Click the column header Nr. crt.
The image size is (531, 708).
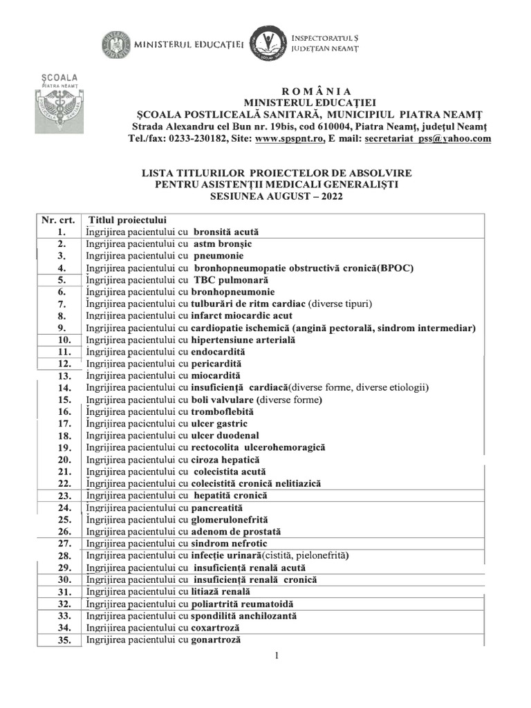[x=57, y=220]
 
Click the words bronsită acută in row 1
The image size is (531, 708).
[x=226, y=232]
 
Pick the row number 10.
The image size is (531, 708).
[x=63, y=340]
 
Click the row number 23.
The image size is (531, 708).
[x=63, y=496]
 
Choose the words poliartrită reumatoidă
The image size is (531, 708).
[x=237, y=604]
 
